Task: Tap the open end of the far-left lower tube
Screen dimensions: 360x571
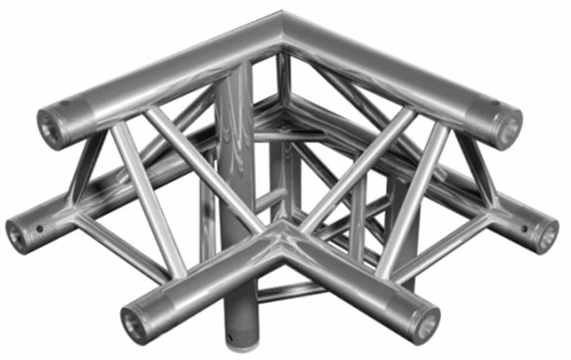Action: coord(18,235)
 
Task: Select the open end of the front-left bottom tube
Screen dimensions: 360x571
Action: coord(136,319)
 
